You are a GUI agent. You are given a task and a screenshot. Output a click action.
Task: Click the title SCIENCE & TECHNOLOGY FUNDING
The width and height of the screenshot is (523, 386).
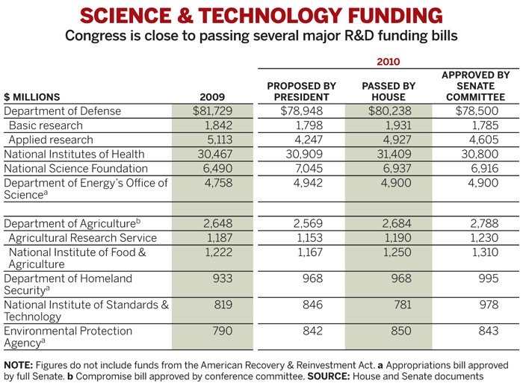tap(261, 16)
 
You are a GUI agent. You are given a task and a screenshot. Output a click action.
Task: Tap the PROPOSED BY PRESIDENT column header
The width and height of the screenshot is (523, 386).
tap(301, 91)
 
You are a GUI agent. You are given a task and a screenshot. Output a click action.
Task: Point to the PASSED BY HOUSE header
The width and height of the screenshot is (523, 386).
tap(388, 91)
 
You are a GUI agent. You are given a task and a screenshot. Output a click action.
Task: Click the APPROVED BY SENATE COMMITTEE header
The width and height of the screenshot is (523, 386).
tap(476, 86)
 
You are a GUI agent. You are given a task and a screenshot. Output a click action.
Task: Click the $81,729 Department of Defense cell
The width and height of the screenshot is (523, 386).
tap(217, 111)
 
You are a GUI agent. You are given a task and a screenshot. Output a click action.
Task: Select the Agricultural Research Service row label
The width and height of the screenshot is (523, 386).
tap(82, 237)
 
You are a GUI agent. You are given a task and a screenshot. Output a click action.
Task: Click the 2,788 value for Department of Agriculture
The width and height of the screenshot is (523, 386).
tap(480, 223)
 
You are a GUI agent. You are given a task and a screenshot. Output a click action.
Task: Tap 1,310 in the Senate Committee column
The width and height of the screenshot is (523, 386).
tap(480, 252)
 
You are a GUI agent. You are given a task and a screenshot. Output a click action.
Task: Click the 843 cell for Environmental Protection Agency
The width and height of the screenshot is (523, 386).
tap(484, 331)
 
